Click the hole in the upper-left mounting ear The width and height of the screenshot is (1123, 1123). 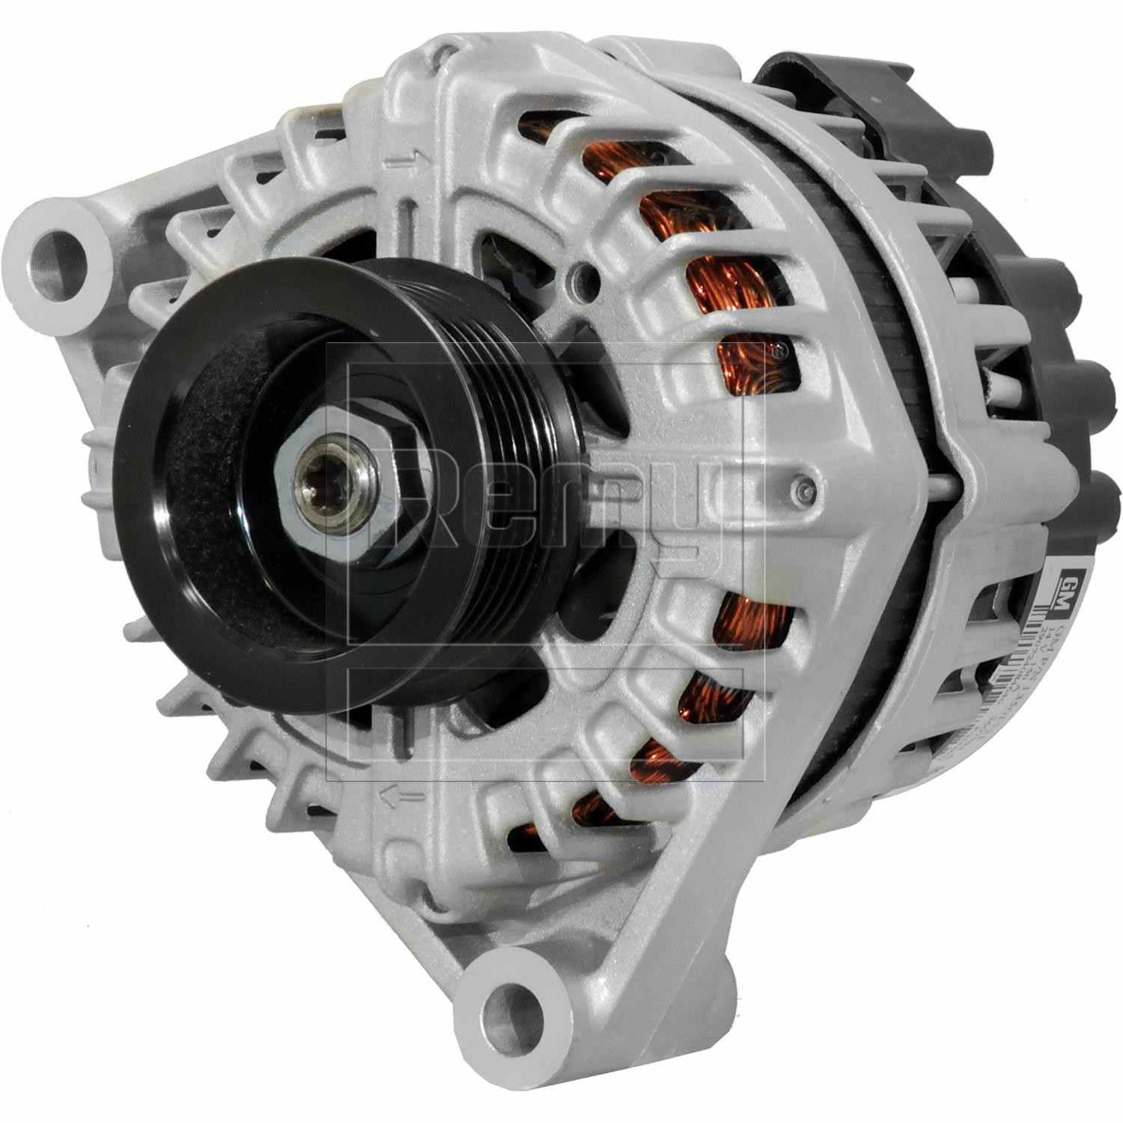tap(57, 255)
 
